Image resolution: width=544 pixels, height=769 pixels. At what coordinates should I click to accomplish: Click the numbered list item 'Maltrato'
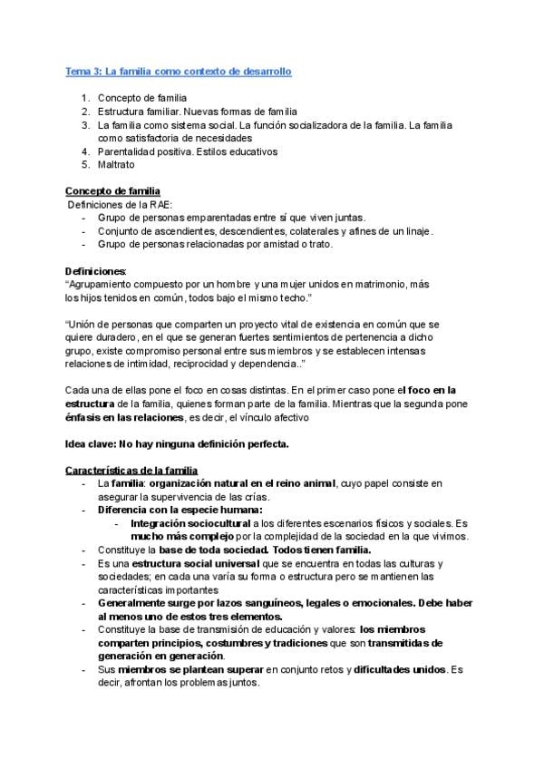115,165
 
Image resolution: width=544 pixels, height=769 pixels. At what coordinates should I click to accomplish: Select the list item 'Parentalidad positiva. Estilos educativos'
187,151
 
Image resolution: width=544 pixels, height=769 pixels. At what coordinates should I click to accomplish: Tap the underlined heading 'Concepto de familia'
112,191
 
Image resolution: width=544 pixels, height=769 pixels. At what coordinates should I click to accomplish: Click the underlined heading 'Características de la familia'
131,471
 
